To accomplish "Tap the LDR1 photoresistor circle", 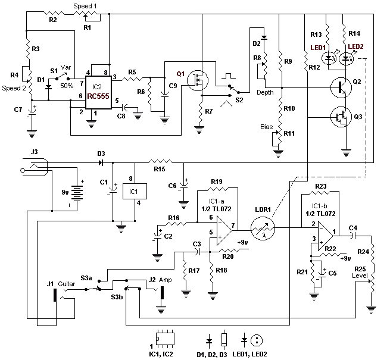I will pos(260,227).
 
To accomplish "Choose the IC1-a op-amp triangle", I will pos(221,227).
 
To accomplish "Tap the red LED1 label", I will pos(318,47).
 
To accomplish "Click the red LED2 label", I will pos(356,47).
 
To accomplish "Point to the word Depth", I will pos(266,92).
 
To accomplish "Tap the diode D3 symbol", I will pos(101,161).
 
